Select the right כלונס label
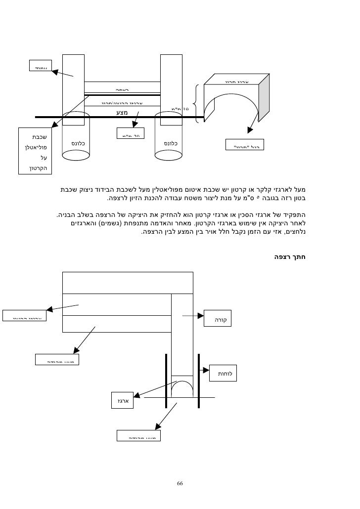(x=170, y=144)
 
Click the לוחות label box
(x=225, y=374)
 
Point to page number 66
(x=180, y=483)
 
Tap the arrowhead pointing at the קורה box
(x=200, y=315)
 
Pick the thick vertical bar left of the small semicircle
(x=165, y=381)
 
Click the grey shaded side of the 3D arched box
(x=265, y=101)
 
